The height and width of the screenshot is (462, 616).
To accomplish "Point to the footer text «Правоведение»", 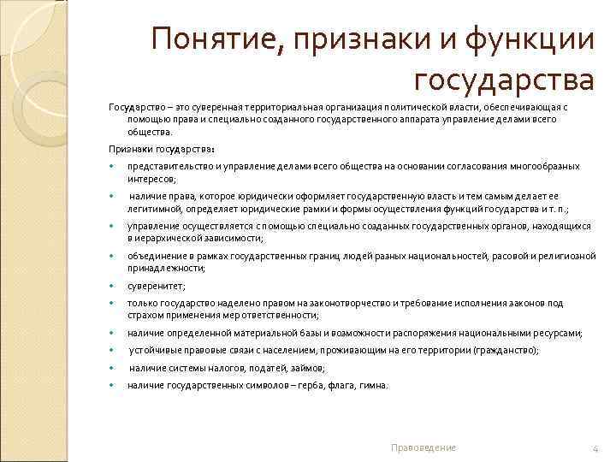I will pos(423,447).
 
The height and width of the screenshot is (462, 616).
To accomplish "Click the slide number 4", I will pos(594,447).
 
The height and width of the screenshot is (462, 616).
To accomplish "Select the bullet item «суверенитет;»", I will pos(156,286).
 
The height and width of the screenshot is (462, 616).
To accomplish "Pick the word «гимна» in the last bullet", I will pos(376,385).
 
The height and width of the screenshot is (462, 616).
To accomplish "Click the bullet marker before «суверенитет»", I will pos(112,286).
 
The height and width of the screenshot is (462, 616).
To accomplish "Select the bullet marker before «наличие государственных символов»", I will pos(112,385).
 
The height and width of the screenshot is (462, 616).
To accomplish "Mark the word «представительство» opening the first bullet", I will pos(166,166).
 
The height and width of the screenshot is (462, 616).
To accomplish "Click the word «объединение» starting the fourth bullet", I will pos(153,256).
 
